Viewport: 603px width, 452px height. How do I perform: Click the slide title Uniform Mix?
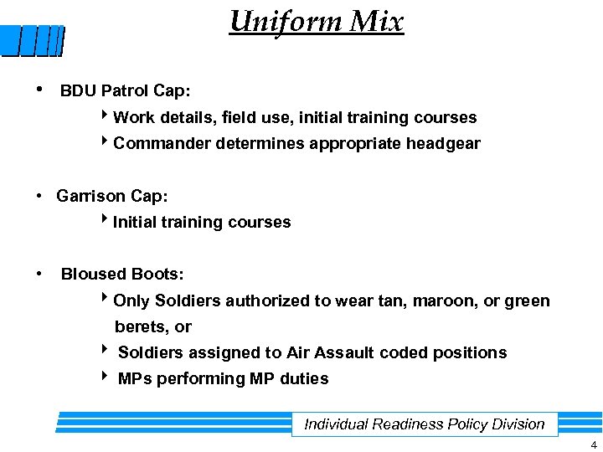[x=317, y=21]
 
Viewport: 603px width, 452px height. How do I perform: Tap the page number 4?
[x=594, y=444]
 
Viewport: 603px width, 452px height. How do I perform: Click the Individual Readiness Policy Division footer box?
[x=425, y=424]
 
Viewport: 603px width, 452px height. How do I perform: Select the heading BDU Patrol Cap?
[x=126, y=91]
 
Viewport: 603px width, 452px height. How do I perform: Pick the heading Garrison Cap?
[x=112, y=196]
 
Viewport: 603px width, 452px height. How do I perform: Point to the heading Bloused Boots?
[x=122, y=274]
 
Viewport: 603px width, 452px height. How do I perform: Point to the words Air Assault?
[x=331, y=352]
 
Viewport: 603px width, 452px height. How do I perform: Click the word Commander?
[x=162, y=144]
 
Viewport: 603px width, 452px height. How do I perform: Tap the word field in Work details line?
[x=240, y=117]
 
